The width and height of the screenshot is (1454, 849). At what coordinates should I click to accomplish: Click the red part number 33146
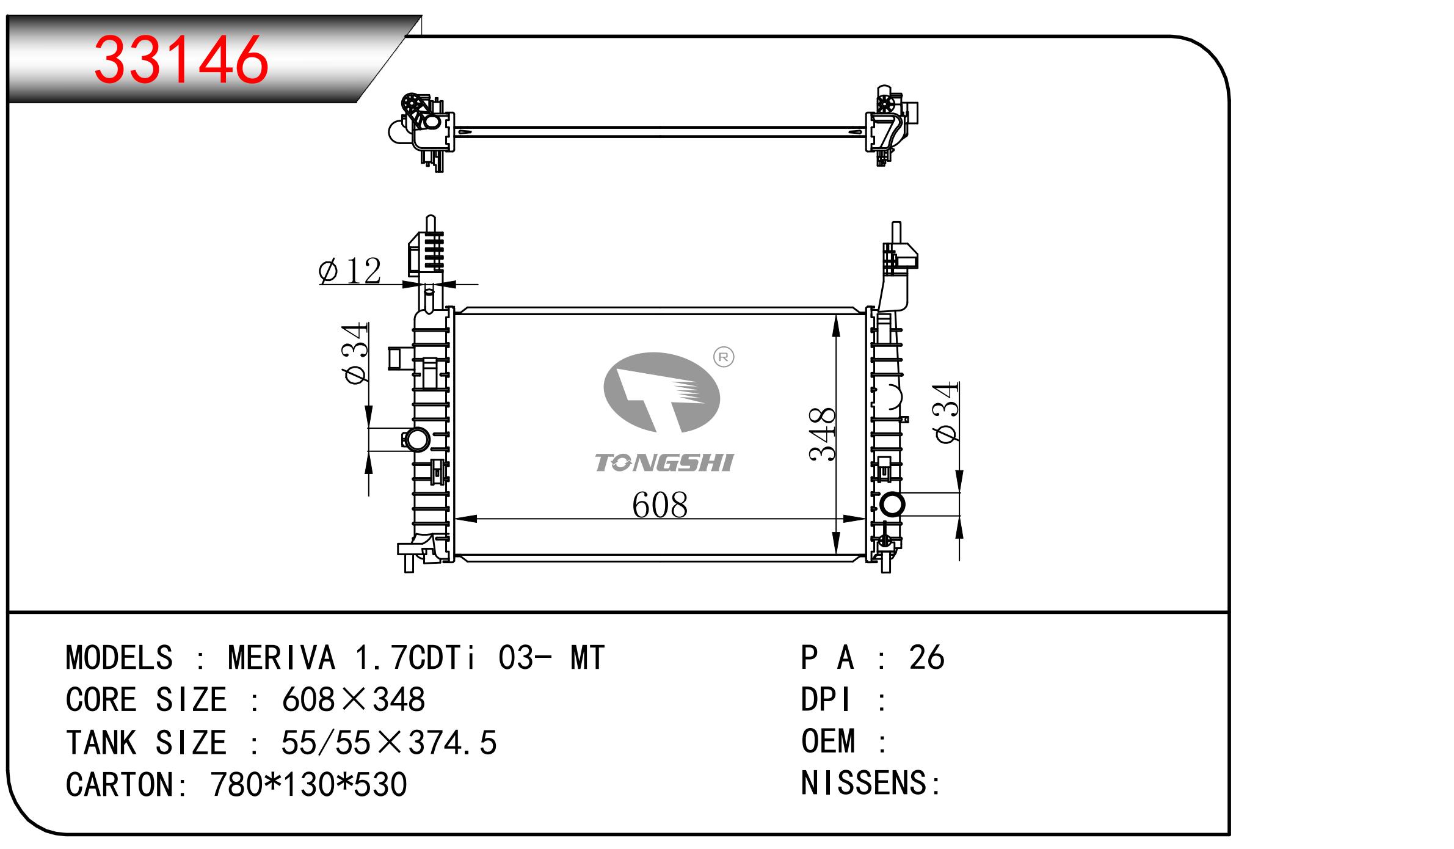click(x=181, y=59)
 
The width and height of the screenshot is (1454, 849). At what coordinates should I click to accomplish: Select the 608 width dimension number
click(x=660, y=505)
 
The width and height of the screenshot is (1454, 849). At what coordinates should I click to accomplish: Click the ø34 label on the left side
click(x=357, y=354)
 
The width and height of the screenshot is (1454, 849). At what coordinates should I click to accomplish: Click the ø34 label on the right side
click(x=946, y=412)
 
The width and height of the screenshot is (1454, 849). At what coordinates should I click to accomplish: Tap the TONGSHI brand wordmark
click(x=664, y=463)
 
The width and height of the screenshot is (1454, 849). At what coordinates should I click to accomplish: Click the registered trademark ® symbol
click(x=724, y=357)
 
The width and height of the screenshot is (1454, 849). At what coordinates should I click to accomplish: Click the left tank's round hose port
click(x=418, y=440)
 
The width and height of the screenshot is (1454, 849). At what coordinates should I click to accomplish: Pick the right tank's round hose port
click(x=892, y=505)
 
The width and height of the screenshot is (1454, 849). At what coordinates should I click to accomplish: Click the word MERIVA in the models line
click(x=282, y=658)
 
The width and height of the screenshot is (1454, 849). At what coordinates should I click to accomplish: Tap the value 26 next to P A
click(x=926, y=658)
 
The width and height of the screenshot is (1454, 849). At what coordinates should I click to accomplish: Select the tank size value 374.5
click(x=453, y=743)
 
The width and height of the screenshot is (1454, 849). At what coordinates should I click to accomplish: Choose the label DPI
click(x=826, y=699)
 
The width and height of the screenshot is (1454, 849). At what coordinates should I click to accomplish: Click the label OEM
click(x=828, y=741)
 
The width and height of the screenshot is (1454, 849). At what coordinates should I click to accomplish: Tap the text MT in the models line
click(x=587, y=658)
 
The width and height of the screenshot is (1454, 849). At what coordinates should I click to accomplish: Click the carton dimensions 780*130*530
click(x=308, y=784)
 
